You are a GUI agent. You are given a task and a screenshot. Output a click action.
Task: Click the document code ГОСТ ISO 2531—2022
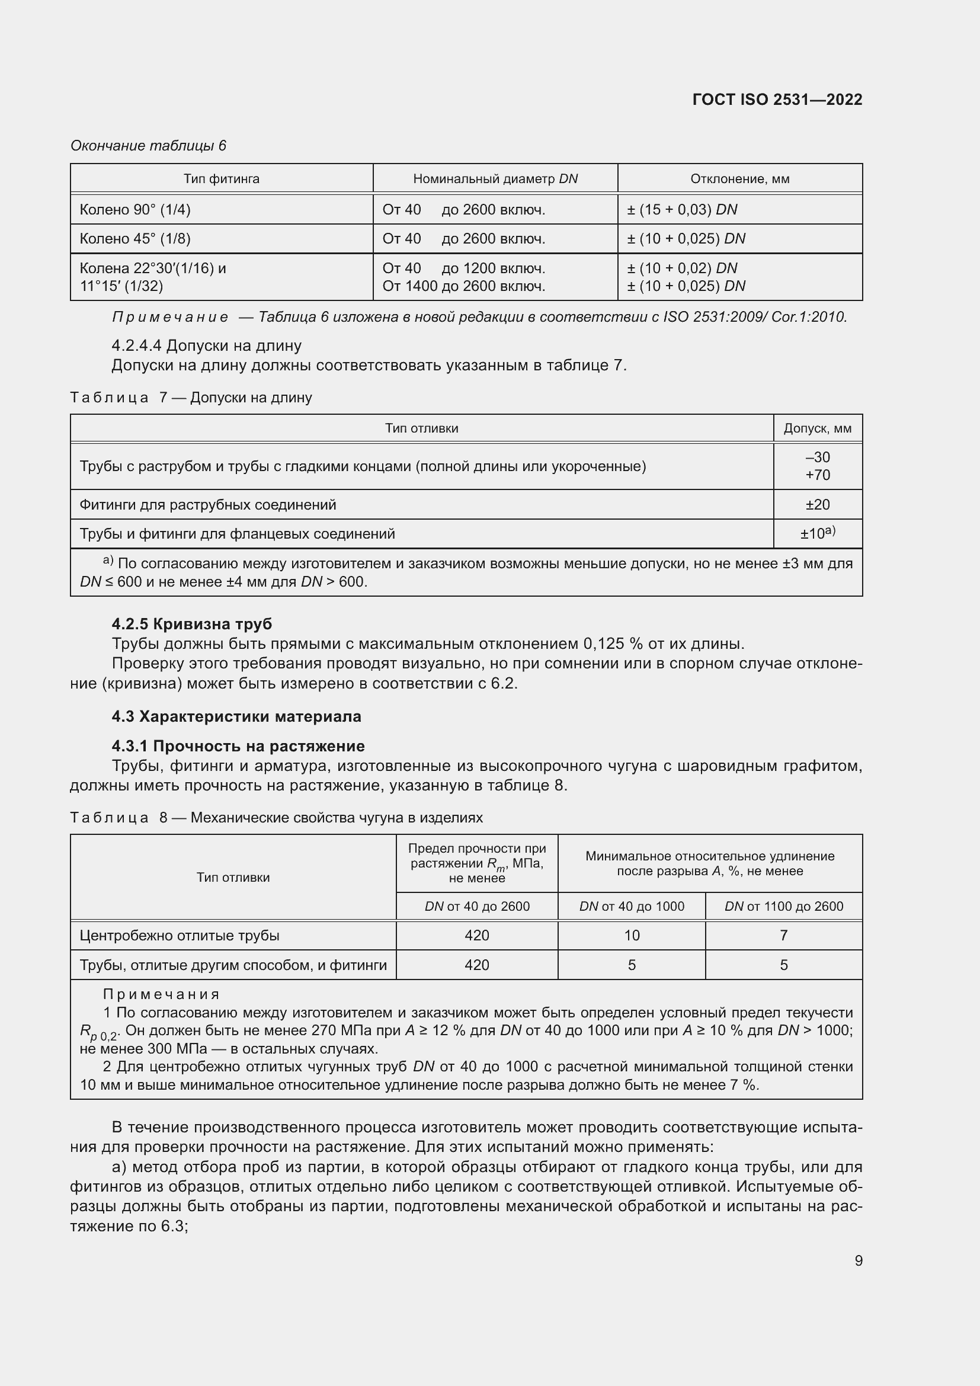point(777,100)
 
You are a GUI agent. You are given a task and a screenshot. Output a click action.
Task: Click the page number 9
point(858,1260)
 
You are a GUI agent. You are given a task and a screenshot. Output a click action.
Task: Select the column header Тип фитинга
point(222,179)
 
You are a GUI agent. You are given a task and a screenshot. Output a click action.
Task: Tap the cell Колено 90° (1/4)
point(135,209)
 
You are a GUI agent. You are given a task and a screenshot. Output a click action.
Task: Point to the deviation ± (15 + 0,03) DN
point(682,209)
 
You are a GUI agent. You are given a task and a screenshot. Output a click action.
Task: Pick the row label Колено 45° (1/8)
point(135,238)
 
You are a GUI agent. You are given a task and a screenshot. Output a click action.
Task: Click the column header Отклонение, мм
point(739,179)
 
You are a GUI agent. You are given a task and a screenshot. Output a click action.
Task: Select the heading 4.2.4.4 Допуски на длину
point(206,345)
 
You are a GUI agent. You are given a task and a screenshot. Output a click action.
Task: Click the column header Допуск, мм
point(817,428)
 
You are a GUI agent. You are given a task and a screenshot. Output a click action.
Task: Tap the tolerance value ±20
point(817,504)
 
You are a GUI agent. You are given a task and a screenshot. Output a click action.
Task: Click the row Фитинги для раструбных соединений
point(208,504)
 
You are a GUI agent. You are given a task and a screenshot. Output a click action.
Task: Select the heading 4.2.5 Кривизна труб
point(192,623)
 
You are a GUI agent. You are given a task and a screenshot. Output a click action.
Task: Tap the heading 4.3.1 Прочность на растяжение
point(238,746)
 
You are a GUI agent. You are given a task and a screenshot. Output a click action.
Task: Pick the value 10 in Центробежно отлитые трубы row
point(631,935)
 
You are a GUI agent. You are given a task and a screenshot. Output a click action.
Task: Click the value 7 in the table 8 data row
point(783,935)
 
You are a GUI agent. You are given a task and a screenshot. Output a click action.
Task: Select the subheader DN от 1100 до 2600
point(783,906)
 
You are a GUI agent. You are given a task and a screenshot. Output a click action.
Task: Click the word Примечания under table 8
point(161,994)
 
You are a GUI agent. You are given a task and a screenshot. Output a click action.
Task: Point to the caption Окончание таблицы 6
point(149,146)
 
